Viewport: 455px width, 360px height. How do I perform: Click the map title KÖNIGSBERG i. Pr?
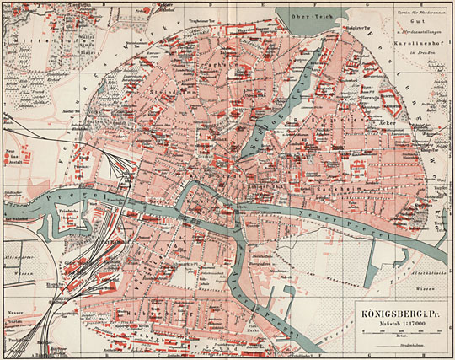(x=402, y=309)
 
